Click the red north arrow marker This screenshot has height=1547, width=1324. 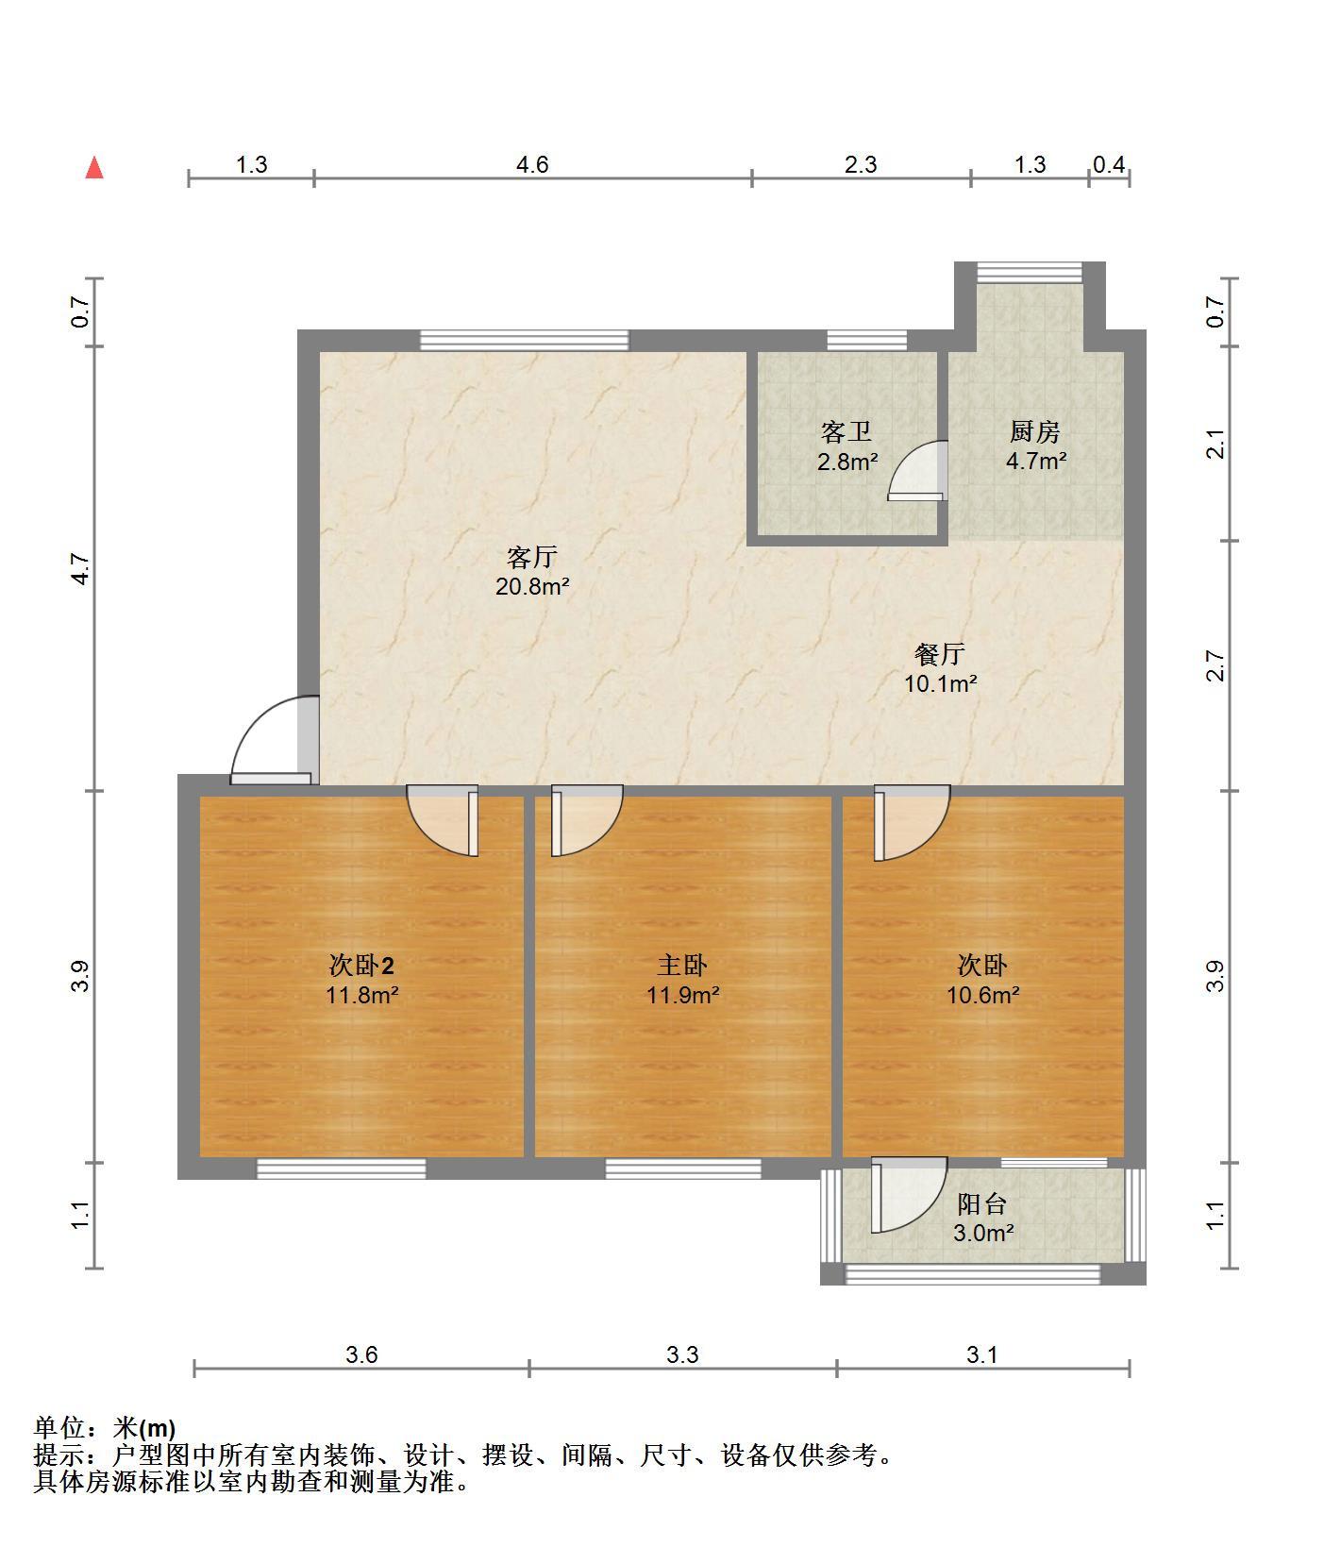click(94, 168)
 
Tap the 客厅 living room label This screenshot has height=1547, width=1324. click(532, 557)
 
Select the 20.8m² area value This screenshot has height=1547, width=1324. click(532, 586)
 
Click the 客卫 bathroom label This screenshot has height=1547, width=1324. click(846, 432)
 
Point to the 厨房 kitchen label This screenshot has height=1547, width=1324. click(1035, 432)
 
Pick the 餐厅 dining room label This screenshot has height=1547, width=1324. click(940, 654)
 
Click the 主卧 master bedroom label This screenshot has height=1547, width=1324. click(682, 965)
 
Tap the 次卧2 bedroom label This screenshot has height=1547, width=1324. click(361, 965)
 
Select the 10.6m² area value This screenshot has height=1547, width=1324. click(983, 994)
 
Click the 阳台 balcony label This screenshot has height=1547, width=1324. click(982, 1204)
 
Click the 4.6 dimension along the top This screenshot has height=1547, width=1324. click(531, 165)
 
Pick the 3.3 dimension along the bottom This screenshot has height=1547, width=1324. click(682, 1355)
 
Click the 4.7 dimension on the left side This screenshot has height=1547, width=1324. click(82, 568)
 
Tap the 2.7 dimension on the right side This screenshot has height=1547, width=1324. click(1217, 666)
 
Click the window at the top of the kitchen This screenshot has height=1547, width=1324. click(1029, 272)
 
